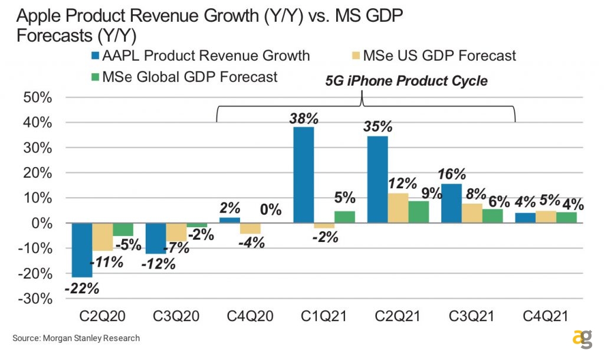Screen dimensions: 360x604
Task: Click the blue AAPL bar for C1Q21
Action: click(x=304, y=175)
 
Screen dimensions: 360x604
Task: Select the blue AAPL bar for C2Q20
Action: click(x=83, y=250)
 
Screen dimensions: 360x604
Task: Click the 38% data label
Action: click(x=304, y=117)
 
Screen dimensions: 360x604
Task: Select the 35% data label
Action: click(x=378, y=126)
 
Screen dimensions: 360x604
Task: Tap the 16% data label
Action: click(x=452, y=174)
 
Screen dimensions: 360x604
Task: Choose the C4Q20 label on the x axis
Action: click(x=250, y=317)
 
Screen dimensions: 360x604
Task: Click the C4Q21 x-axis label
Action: click(x=546, y=317)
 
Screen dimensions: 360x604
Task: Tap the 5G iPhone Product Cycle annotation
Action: click(x=406, y=81)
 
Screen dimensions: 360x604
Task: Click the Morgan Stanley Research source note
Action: click(x=76, y=338)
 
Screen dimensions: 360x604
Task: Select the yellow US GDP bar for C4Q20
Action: click(x=250, y=228)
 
